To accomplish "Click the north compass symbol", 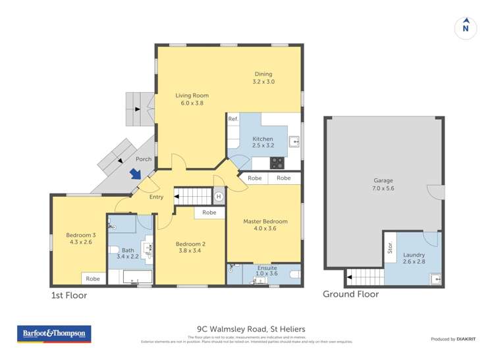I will [466, 27].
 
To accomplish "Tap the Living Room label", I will [192, 99].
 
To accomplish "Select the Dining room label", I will [263, 78].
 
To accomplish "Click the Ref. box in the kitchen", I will [233, 119].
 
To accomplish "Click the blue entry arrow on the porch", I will [135, 174].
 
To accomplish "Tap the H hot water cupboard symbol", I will [219, 196].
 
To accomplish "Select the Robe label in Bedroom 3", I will [93, 278].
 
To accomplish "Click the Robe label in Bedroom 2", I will [209, 213].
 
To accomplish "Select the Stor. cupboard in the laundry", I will [389, 248].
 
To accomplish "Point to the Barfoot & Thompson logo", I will [54, 334].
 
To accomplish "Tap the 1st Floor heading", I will [69, 296].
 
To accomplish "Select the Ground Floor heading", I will [350, 294].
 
